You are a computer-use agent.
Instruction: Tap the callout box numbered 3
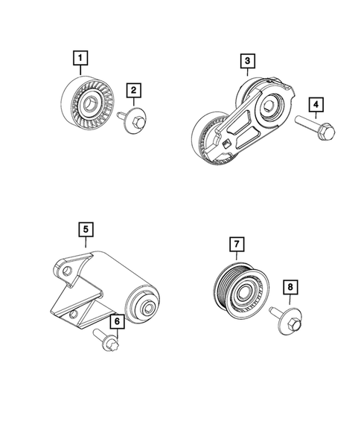tap(246, 61)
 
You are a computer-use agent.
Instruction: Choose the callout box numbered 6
tap(117, 321)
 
